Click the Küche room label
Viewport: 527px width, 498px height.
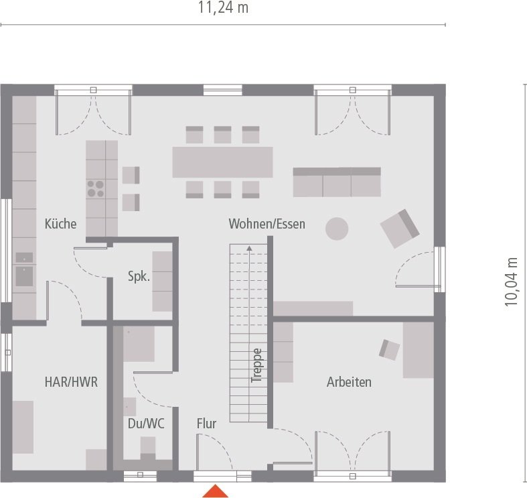(60, 224)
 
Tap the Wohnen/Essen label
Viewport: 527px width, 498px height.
(267, 224)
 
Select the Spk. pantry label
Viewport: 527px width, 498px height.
(139, 277)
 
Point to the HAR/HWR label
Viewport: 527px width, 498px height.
(71, 382)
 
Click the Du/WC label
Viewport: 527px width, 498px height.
(146, 424)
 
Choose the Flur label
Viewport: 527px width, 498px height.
(206, 424)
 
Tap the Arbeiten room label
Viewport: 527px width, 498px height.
(349, 382)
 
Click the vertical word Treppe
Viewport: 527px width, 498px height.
(256, 365)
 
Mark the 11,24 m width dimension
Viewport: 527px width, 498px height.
(223, 7)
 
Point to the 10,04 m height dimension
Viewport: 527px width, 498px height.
(511, 282)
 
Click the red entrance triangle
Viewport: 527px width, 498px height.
(215, 491)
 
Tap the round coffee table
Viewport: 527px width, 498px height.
(337, 229)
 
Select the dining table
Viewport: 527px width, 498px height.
(222, 162)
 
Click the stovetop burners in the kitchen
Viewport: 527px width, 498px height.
(96, 189)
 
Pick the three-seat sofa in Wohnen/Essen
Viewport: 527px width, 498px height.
(337, 182)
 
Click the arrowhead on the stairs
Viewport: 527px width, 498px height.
(249, 248)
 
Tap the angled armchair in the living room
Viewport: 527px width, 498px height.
(400, 229)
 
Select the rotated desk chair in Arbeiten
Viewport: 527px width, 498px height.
(389, 350)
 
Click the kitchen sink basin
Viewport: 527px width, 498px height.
(24, 276)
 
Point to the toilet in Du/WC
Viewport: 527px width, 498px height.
(147, 448)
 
